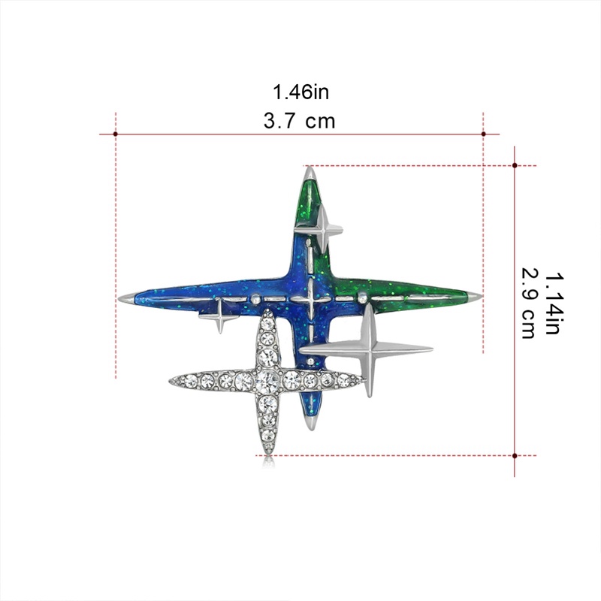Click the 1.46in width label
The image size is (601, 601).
[x=300, y=92]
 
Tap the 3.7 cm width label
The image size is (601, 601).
[x=299, y=121]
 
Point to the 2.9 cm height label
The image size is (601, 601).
[x=529, y=304]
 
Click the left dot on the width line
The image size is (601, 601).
[x=116, y=134]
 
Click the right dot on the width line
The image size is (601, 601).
[x=483, y=134]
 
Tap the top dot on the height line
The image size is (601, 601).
[x=515, y=165]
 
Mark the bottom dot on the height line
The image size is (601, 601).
[x=515, y=456]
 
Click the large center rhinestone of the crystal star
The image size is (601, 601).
[x=267, y=380]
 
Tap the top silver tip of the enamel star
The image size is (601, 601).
[x=310, y=174]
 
